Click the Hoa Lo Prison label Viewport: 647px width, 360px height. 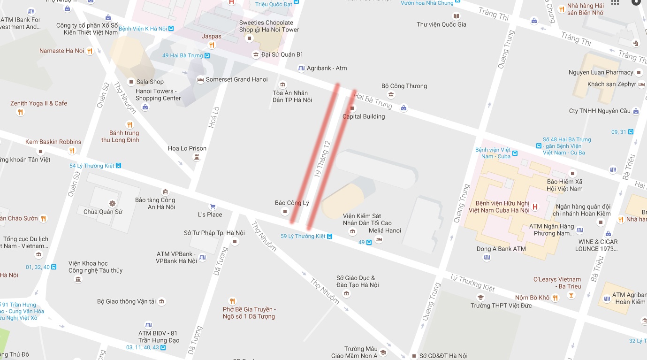coord(187,148)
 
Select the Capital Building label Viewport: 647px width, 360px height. coord(364,116)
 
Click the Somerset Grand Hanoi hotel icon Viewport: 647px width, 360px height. coord(200,79)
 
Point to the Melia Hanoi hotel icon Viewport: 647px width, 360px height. coord(379,240)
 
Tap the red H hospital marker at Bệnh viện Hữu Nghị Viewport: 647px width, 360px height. coord(534,207)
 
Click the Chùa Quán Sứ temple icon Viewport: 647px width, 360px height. coord(112,203)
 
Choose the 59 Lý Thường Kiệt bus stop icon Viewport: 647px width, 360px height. coord(330,236)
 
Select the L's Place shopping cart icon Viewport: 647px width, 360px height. coord(213,206)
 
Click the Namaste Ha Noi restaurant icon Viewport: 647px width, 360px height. coord(89,51)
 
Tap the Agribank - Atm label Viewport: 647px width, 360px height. coord(327,68)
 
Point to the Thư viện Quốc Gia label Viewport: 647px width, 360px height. coord(441,24)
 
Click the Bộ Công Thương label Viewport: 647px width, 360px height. coord(404,86)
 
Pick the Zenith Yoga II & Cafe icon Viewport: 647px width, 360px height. coord(20,112)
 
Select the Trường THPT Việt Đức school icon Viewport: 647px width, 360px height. coord(480,298)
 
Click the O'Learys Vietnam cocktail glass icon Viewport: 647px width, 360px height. coord(571,296)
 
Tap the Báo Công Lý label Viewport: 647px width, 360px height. coord(292,203)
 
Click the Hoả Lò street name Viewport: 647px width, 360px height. coord(214,117)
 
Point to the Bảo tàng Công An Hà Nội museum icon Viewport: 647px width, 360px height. coord(165,191)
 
